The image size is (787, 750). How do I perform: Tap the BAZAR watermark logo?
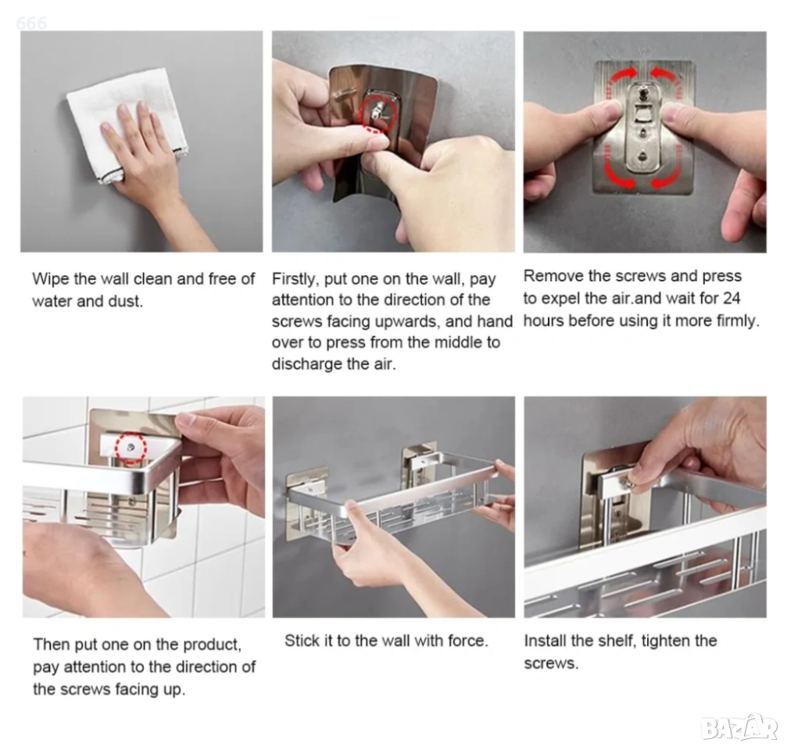pyautogui.click(x=739, y=727)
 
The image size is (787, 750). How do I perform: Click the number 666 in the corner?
pyautogui.click(x=31, y=23)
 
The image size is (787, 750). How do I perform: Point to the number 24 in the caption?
pyautogui.click(x=731, y=298)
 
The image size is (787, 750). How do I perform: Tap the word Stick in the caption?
pyautogui.click(x=299, y=641)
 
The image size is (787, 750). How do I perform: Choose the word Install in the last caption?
pyautogui.click(x=545, y=641)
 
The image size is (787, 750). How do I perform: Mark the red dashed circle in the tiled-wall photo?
pyautogui.click(x=131, y=448)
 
